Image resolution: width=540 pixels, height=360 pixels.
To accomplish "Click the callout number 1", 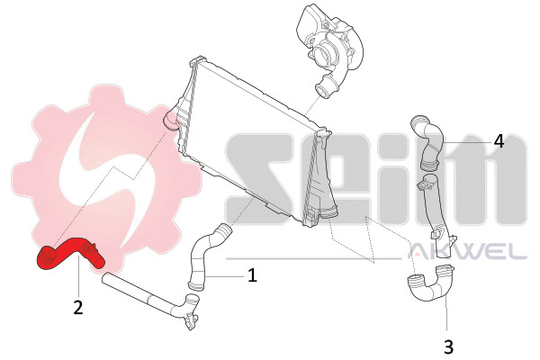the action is click(x=252, y=274).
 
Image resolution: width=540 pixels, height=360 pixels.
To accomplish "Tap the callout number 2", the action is click(x=78, y=307).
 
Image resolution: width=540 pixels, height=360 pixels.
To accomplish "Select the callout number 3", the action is click(x=448, y=346).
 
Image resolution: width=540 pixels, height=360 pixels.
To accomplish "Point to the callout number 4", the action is click(x=499, y=141).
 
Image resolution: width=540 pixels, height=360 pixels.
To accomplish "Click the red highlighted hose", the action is click(x=69, y=253).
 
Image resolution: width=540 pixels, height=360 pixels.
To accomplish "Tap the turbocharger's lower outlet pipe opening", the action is click(x=322, y=91).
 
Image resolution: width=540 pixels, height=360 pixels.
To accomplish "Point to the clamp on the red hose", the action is click(x=88, y=248).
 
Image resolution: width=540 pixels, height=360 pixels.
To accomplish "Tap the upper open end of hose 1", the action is click(x=224, y=229).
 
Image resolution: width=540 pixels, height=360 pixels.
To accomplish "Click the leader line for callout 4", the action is click(x=466, y=142).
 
